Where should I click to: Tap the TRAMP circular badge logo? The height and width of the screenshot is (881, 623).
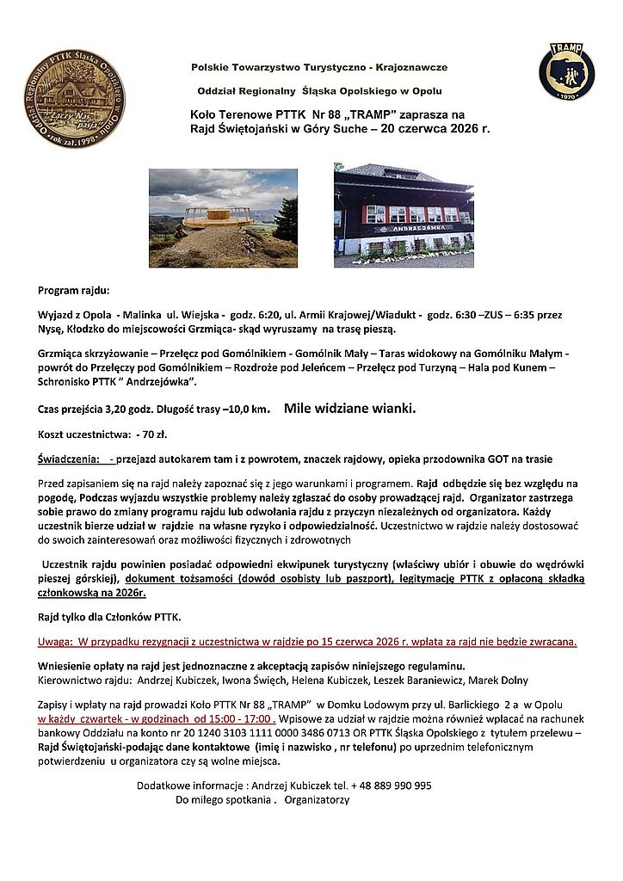click(x=566, y=71)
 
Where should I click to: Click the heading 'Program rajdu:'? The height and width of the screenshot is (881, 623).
click(x=74, y=290)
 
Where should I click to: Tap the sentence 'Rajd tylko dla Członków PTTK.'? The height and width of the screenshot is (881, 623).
click(x=108, y=617)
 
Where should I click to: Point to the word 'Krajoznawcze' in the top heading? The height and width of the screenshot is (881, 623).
click(x=414, y=67)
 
